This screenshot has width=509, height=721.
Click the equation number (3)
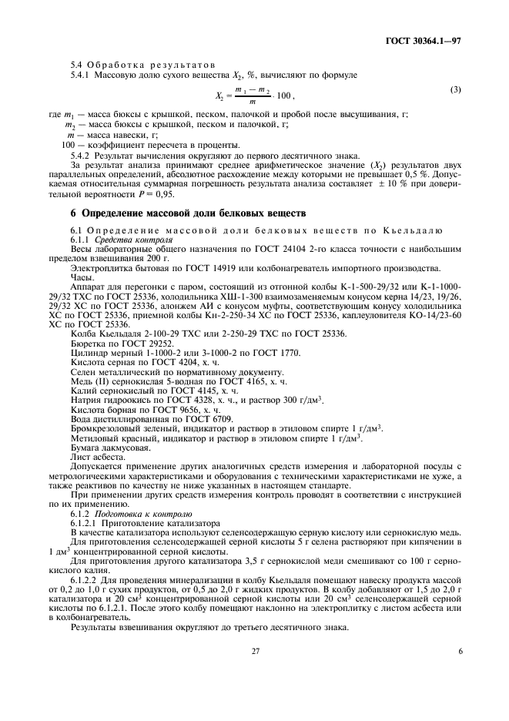coord(456,90)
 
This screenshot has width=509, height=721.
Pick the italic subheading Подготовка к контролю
coord(144,512)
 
